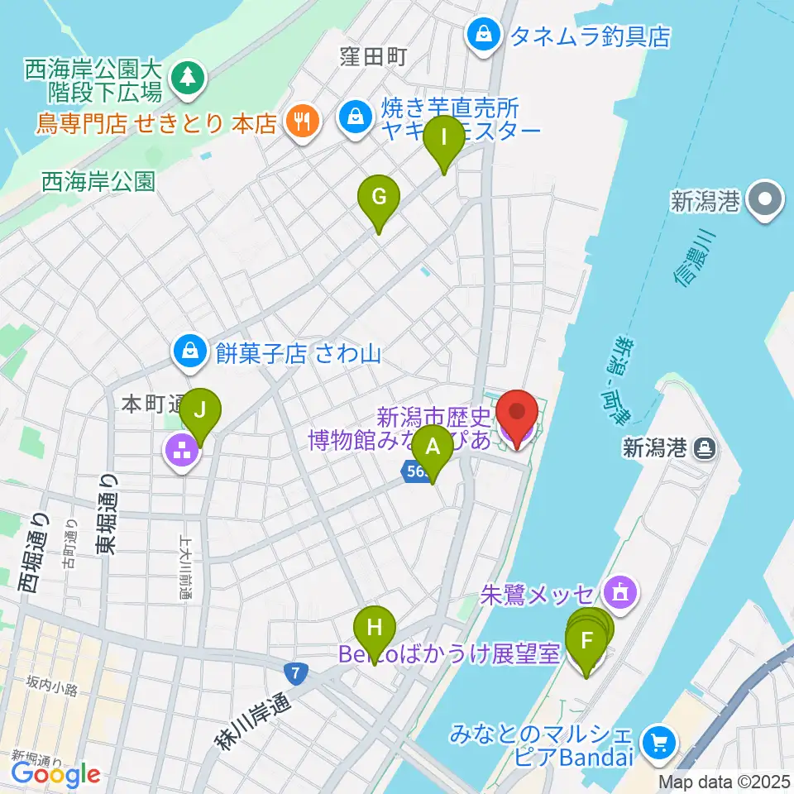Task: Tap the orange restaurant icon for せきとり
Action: click(x=298, y=122)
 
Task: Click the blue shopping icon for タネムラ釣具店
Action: click(x=482, y=35)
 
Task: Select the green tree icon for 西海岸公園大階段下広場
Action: click(x=186, y=78)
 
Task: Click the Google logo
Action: click(x=55, y=774)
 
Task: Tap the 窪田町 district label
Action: click(x=374, y=57)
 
